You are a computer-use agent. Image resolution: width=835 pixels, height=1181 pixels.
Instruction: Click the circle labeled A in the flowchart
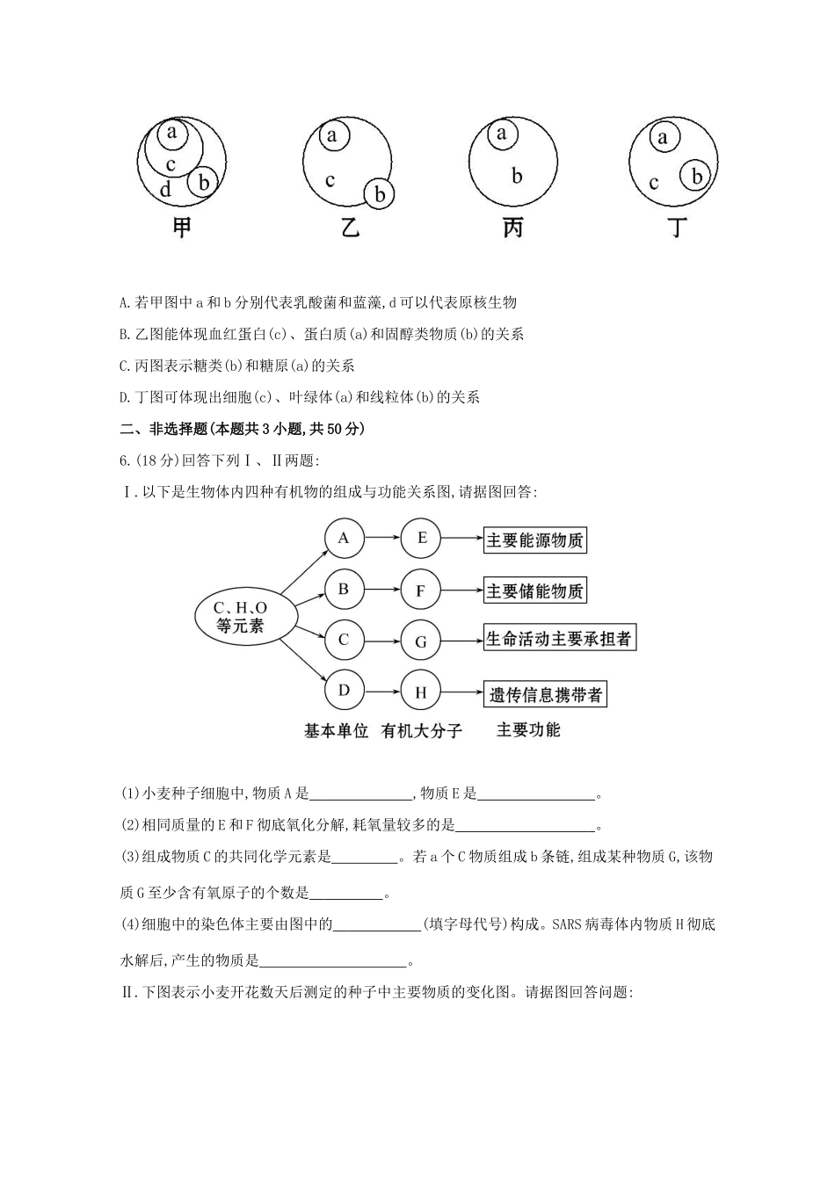click(344, 538)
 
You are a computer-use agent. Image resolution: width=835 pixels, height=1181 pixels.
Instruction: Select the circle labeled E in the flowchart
click(421, 538)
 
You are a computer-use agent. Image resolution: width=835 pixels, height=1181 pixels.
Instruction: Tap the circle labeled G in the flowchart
click(421, 641)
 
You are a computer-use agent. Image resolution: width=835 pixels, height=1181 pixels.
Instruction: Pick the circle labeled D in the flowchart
click(344, 692)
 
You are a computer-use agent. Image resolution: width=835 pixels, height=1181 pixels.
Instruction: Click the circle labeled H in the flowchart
click(421, 692)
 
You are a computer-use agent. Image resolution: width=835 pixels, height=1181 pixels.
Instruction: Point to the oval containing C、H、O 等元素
click(241, 616)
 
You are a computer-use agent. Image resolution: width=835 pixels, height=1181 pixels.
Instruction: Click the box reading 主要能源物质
click(534, 540)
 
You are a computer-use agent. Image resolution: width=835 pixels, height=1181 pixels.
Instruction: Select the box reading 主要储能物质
click(534, 591)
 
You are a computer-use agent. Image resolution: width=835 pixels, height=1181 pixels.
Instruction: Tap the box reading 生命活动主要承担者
click(559, 639)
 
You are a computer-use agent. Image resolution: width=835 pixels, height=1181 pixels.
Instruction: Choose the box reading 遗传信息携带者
click(546, 695)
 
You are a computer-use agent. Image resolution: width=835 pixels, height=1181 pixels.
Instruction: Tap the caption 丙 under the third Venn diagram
click(512, 228)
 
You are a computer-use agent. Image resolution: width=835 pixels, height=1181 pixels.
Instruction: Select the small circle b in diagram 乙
click(380, 194)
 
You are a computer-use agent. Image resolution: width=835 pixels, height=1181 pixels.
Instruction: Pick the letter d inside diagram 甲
click(166, 189)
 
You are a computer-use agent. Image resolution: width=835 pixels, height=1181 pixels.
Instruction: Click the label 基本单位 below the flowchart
click(336, 731)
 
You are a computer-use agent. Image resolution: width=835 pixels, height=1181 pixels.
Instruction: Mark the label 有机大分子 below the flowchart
click(422, 731)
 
